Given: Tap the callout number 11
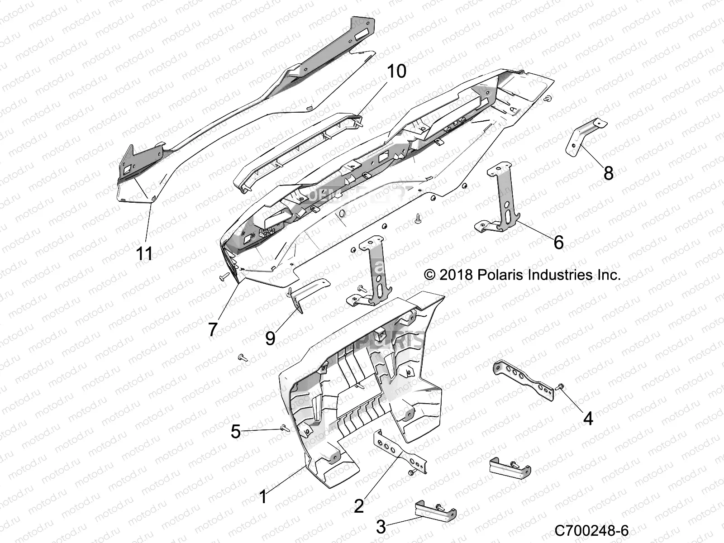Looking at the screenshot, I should click(145, 253).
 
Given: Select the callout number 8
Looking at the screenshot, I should click(609, 172).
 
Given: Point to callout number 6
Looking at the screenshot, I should click(559, 243).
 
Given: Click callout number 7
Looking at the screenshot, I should click(213, 329).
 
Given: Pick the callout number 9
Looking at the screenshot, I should click(270, 338).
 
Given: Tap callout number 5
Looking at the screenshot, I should click(236, 432).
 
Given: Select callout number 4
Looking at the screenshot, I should click(588, 419).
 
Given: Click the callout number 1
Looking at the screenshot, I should click(263, 497).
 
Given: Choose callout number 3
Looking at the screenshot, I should click(381, 527).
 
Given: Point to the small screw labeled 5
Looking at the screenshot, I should click(285, 427).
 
